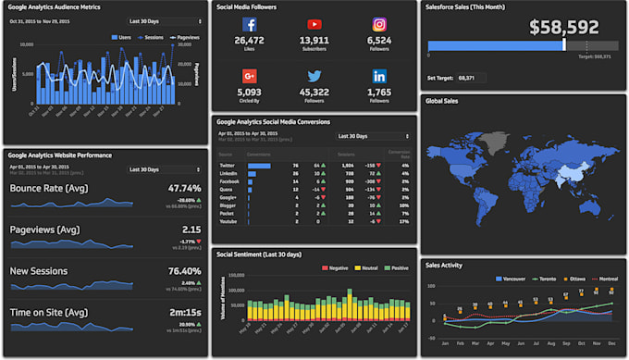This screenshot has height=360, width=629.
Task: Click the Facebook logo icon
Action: coord(250,25)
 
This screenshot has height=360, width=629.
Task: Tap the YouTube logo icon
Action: coord(314,25)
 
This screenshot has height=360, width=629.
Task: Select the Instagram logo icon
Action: coord(379,25)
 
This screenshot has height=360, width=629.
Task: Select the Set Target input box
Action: coord(472,78)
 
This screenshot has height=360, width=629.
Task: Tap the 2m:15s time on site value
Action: coord(184,312)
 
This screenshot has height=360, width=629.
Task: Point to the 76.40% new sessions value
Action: coord(184,270)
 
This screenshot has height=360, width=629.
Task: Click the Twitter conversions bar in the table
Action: coord(259,165)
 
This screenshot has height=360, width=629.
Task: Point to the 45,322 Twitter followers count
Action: coord(314,93)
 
